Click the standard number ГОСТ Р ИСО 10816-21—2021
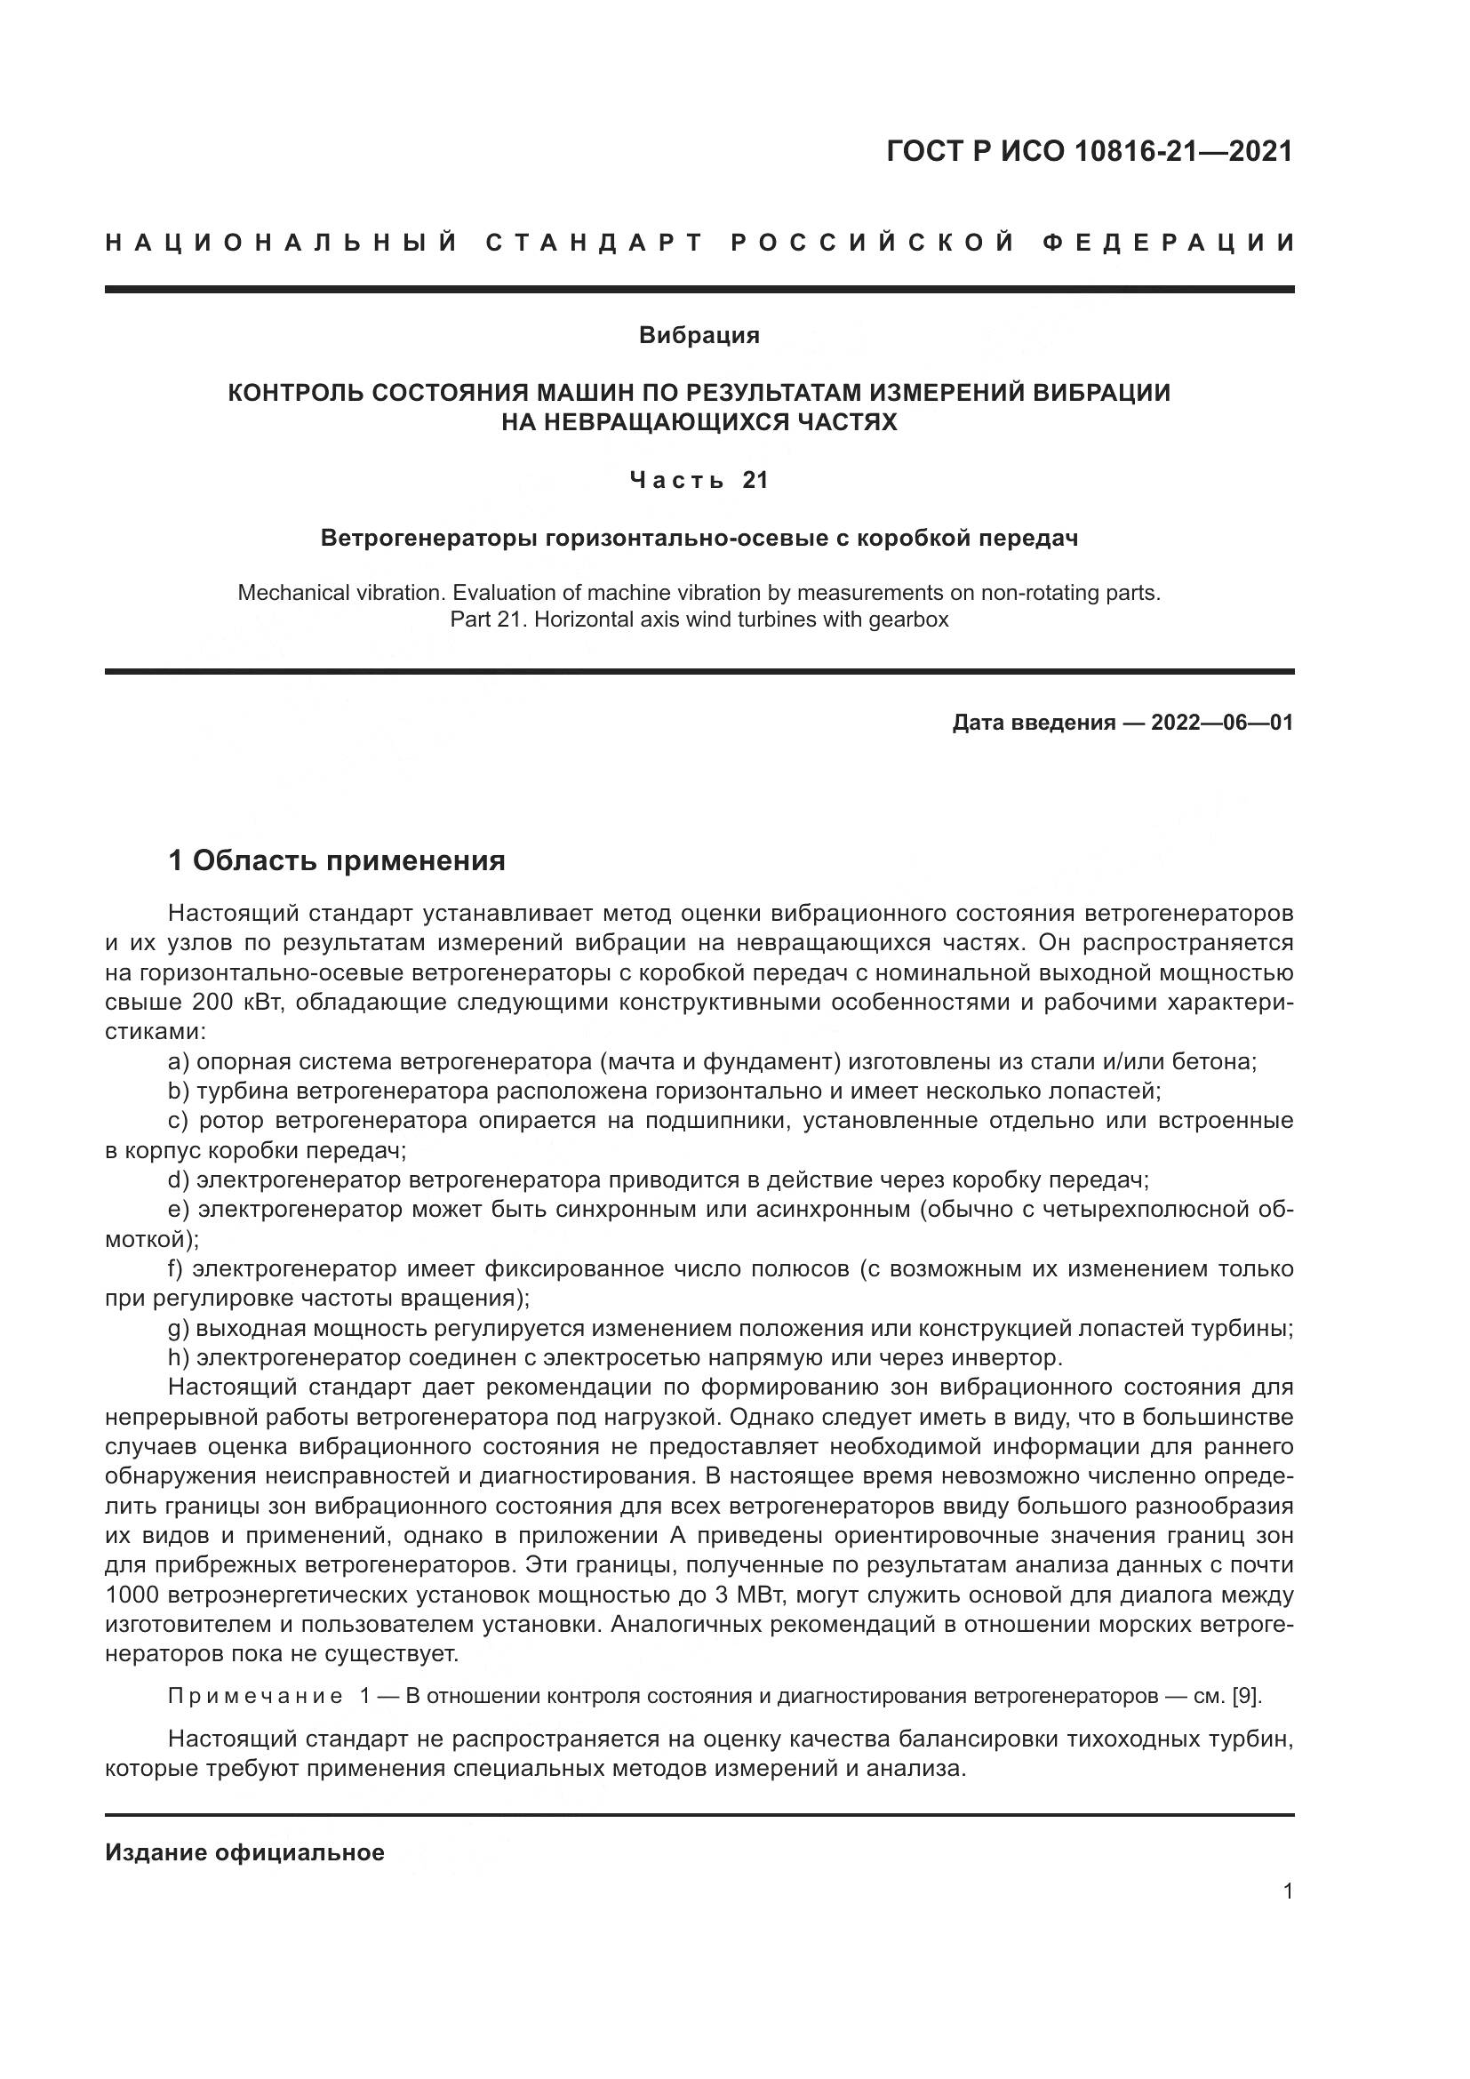pos(1089,151)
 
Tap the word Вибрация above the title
pos(699,335)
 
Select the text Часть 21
pos(699,480)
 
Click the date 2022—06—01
pos(1221,723)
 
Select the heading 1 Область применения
pos(337,860)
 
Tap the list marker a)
pos(179,1061)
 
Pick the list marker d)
pos(179,1179)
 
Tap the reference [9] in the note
pos(1246,1696)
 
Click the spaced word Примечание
pos(255,1696)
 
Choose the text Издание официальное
pos(244,1852)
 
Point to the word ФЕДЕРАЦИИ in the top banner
pos(1169,243)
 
